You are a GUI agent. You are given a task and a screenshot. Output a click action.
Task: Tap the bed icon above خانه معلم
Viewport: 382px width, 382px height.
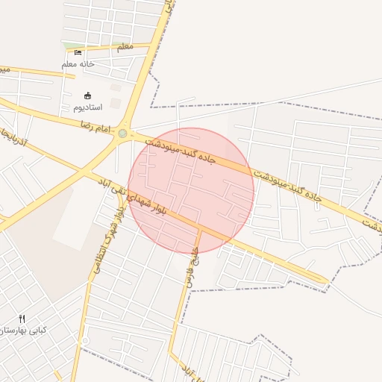click(78, 52)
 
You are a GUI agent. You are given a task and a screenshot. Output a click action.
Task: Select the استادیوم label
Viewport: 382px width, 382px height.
click(88, 107)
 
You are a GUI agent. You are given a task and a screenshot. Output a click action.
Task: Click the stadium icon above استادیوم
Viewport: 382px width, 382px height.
click(88, 95)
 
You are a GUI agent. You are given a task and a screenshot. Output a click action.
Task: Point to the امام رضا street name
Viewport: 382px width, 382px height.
click(95, 124)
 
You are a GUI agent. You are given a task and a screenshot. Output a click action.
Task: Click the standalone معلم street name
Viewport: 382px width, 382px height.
click(125, 47)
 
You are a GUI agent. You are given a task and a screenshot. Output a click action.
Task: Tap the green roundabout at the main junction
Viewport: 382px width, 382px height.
click(122, 134)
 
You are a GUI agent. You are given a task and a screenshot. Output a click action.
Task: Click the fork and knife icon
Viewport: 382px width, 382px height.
click(22, 319)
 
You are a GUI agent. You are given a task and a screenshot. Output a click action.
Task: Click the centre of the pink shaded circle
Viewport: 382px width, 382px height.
click(191, 191)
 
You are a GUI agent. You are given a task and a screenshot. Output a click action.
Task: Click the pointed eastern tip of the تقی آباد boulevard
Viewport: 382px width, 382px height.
click(326, 281)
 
